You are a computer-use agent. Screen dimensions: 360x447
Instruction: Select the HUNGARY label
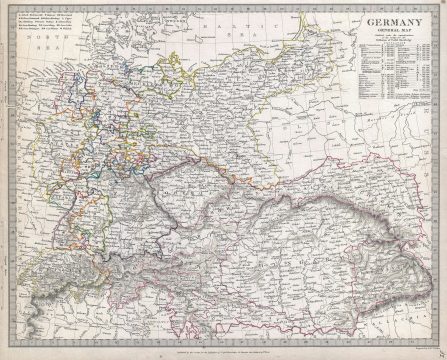point(300,245)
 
